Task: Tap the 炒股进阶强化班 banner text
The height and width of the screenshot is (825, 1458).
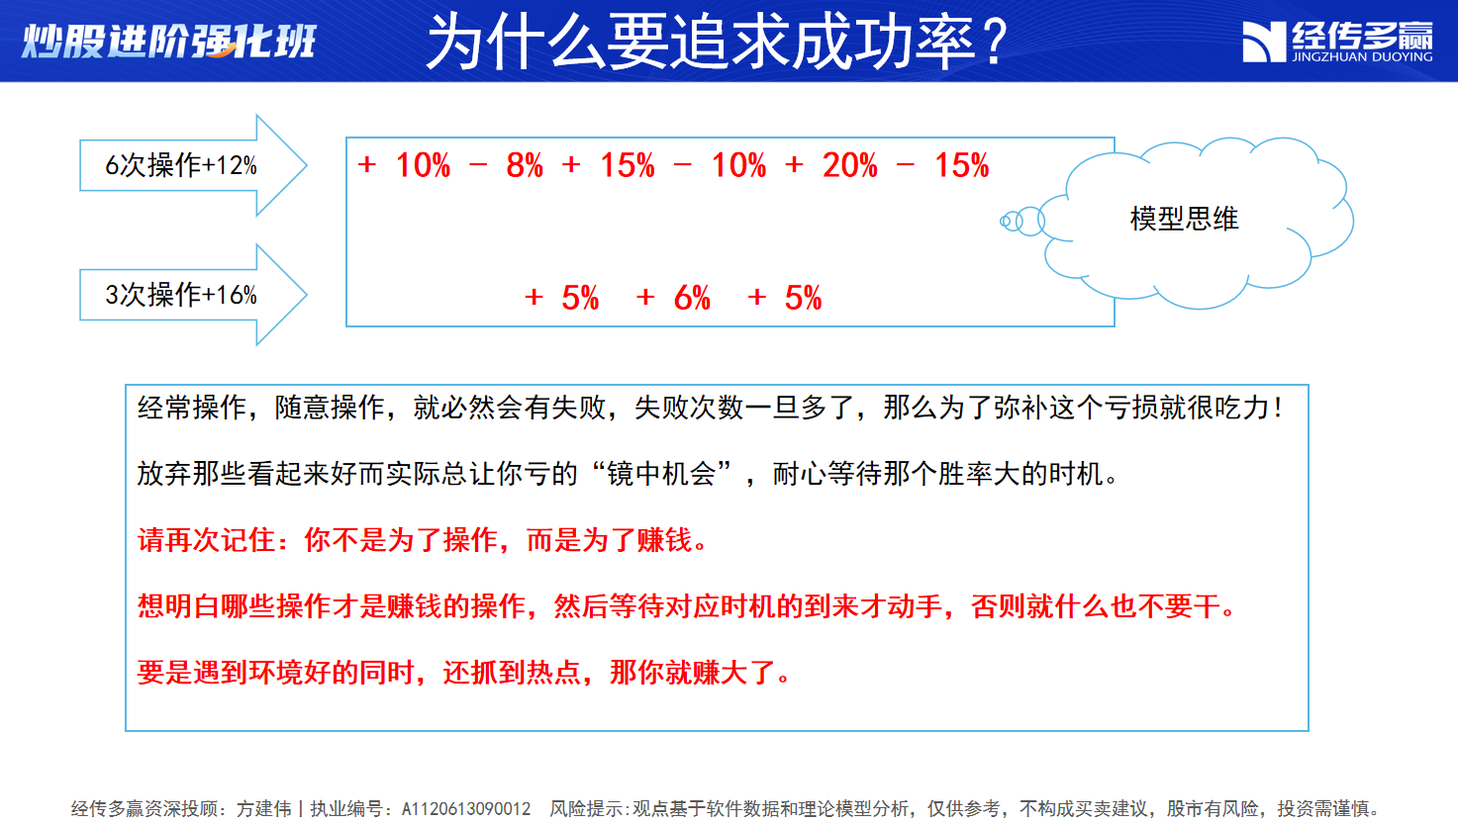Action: (x=168, y=42)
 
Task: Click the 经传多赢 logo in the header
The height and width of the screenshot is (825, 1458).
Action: (x=1337, y=42)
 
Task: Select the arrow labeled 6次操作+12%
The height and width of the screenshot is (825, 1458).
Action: (x=193, y=165)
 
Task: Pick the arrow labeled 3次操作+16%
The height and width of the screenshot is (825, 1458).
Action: (x=193, y=295)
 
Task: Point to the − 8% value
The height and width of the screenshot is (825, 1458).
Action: (x=506, y=165)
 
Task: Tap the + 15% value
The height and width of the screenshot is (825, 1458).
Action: (x=609, y=165)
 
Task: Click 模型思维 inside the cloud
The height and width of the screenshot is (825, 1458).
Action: (x=1184, y=219)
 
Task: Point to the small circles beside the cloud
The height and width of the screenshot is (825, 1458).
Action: (x=1021, y=222)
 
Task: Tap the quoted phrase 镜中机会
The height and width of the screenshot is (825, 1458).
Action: (x=661, y=474)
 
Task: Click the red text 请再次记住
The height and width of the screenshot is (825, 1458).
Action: (x=206, y=540)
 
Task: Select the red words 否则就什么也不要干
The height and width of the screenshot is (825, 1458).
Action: (x=1096, y=606)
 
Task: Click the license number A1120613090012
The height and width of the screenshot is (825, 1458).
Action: (x=466, y=809)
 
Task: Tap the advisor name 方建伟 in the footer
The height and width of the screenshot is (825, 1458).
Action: (x=263, y=809)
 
